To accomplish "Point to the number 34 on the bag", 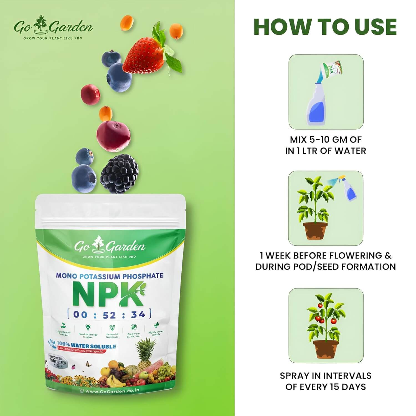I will [138, 314].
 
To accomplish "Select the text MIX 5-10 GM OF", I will [326, 139].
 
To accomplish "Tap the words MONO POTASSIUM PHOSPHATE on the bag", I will [110, 276].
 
